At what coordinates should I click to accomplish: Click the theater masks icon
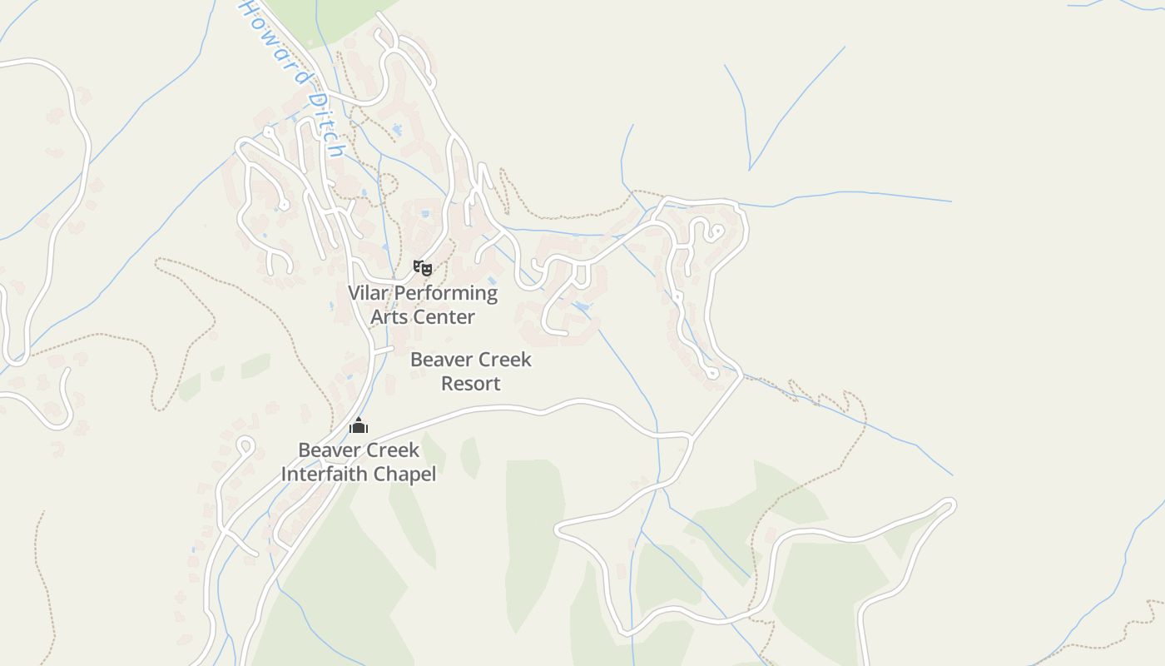point(423,267)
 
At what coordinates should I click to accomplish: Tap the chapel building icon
point(359,425)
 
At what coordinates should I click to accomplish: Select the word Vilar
point(367,293)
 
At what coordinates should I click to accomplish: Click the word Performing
point(445,294)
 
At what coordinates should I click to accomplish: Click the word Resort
point(471,384)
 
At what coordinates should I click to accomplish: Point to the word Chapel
point(405,475)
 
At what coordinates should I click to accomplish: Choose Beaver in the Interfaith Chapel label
point(327,450)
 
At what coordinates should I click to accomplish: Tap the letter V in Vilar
point(354,293)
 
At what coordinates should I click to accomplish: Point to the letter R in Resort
point(447,384)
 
